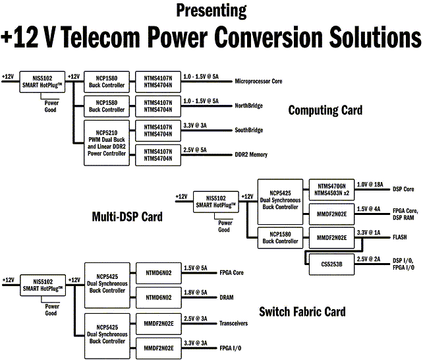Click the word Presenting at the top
pos(211,11)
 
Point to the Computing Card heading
pos(325,110)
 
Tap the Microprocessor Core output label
pos(259,82)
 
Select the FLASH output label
pos(401,235)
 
